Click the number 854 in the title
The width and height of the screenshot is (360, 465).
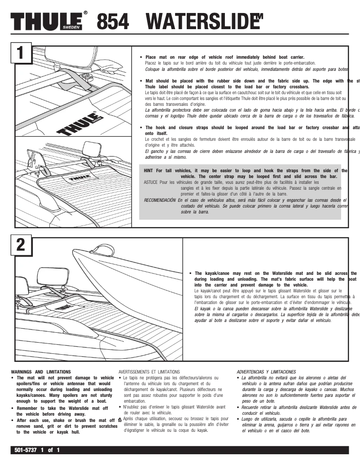click(113, 21)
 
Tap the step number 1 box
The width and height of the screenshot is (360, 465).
click(20, 52)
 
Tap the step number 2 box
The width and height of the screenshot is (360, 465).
click(20, 245)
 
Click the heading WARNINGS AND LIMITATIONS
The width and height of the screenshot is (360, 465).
click(41, 372)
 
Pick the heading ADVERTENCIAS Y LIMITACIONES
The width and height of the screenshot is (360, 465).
click(266, 372)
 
